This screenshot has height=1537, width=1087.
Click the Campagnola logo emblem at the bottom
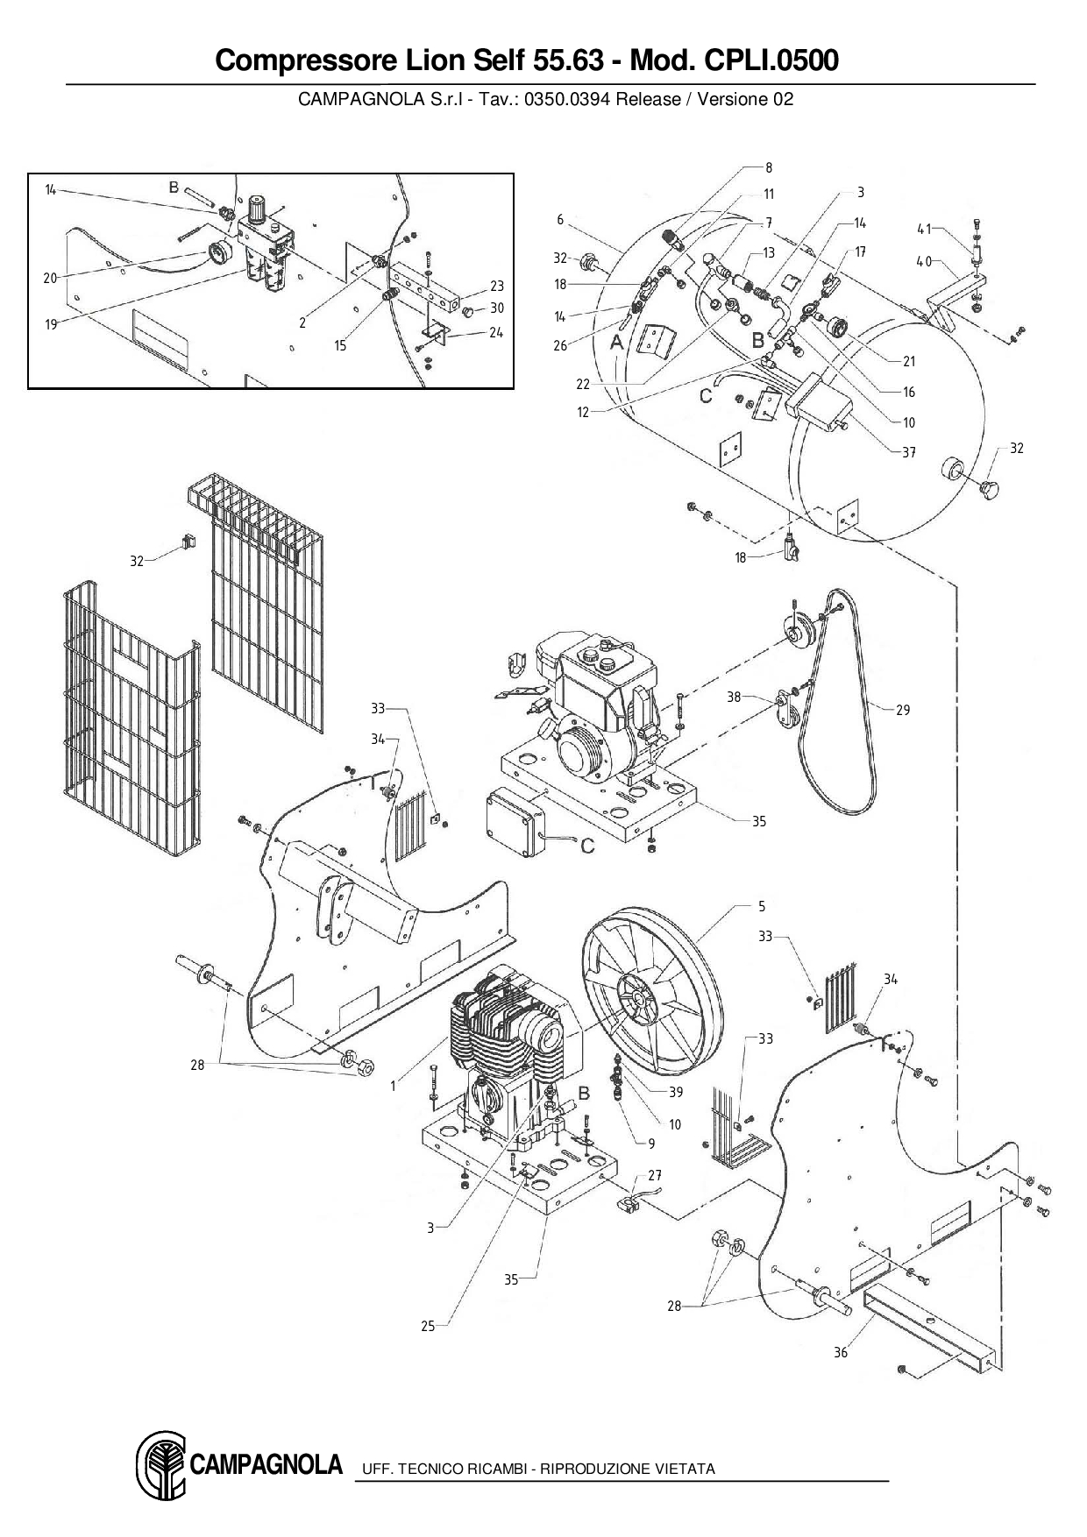coord(161,1466)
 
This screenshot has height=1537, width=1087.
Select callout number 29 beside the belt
coord(902,710)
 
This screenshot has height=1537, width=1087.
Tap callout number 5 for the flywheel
coord(762,906)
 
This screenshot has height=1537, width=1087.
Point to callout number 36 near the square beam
coord(841,1352)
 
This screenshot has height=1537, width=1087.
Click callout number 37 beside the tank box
coord(909,452)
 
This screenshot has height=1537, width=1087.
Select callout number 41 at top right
coord(924,229)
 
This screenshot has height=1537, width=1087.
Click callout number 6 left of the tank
coord(560,220)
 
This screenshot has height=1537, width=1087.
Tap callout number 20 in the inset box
coord(50,279)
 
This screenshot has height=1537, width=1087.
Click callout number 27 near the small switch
coord(655,1175)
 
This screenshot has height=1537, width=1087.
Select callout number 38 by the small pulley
coord(734,697)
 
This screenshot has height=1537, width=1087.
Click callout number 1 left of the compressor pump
coord(394,1087)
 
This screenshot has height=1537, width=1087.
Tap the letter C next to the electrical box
coord(587,846)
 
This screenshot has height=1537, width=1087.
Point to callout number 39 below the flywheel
coord(676,1092)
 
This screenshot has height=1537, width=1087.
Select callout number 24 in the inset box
coord(496,332)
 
